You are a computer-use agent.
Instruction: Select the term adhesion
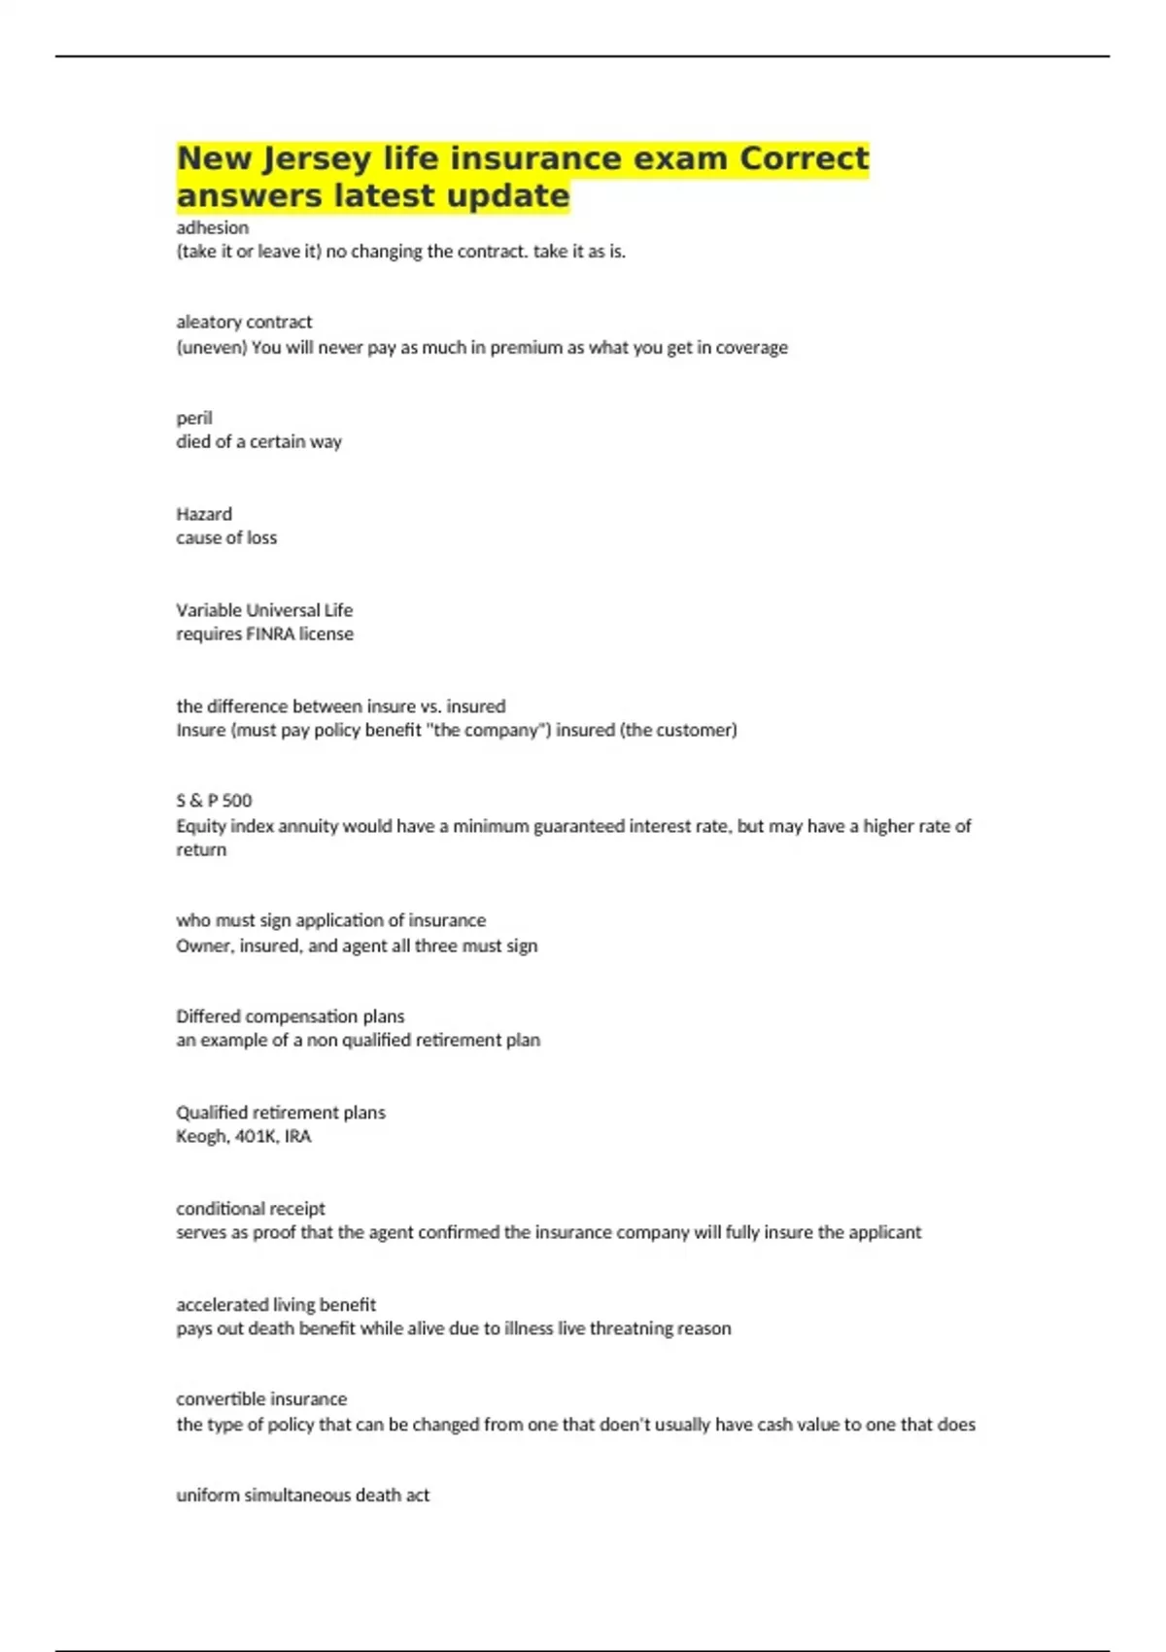tap(212, 227)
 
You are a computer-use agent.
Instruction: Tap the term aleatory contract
tap(244, 322)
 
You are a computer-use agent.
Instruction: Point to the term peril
tap(194, 418)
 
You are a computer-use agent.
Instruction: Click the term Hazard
tap(204, 514)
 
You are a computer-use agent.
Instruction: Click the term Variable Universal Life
tap(264, 610)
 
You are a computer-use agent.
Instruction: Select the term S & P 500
tap(214, 801)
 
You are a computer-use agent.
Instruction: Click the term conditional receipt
tap(251, 1209)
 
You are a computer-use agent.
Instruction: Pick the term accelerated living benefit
tap(276, 1304)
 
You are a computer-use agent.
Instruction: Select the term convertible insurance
tap(261, 1399)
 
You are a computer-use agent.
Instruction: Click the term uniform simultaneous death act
tap(302, 1496)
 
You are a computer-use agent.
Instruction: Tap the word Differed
tap(208, 1016)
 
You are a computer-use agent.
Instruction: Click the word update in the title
tap(508, 196)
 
